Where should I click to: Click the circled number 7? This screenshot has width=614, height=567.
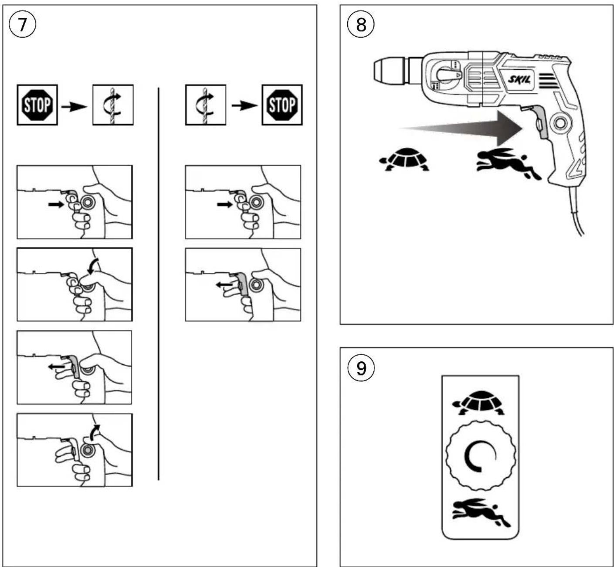coord(22,24)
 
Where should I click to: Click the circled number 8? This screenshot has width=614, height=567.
coord(361,24)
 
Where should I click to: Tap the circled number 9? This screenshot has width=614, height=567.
coord(361,368)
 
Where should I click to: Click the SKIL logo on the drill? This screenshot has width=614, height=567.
coord(519,79)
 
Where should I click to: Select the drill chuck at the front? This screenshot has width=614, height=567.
coord(390,72)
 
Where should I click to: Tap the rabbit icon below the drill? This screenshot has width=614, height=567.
coord(508,163)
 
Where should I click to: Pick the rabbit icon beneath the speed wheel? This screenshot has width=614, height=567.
coord(481,512)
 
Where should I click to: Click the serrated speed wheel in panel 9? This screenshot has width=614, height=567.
coord(481,455)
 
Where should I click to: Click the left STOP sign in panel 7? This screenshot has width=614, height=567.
coord(37,105)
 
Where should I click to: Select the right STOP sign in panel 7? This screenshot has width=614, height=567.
coord(282,105)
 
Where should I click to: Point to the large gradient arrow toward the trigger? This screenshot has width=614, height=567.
coord(461,129)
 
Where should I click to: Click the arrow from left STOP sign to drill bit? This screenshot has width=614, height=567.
coord(74,107)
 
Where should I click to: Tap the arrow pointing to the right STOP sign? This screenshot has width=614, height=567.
coord(244,106)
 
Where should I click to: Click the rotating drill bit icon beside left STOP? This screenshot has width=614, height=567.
coord(113,105)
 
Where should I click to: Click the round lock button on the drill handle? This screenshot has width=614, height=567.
coord(559,123)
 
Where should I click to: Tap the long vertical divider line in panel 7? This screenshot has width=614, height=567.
coord(159,284)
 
